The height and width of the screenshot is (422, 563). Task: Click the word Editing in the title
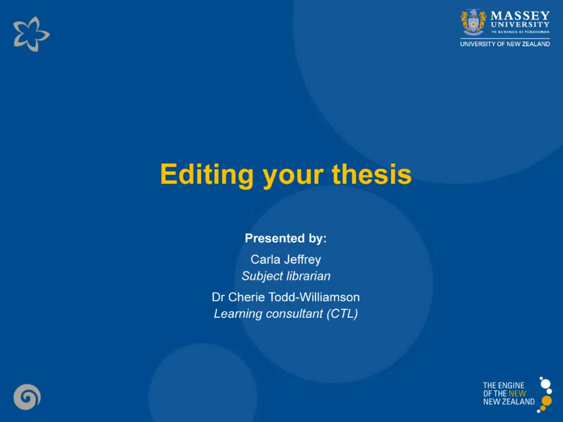207,175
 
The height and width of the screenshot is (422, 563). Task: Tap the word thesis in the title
372,174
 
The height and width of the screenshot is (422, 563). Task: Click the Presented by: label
286,238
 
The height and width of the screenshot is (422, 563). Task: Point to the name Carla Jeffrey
286,259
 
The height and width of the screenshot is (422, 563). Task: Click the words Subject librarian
286,276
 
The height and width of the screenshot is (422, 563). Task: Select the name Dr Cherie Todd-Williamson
286,297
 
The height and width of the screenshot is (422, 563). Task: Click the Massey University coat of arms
473,22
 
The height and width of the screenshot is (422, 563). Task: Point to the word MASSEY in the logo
520,16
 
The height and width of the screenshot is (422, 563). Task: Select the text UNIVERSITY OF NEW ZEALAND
505,44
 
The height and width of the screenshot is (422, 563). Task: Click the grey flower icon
31,34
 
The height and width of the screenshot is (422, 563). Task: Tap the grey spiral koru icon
27,397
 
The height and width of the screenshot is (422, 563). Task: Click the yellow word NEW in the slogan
517,394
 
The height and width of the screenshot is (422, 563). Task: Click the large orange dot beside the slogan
546,401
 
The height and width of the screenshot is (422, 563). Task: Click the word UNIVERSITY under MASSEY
520,24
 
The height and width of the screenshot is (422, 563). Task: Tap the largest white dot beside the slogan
545,383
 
